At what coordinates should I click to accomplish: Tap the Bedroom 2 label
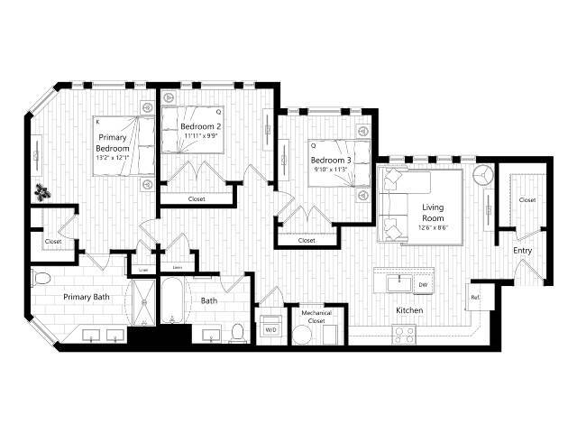click(x=200, y=126)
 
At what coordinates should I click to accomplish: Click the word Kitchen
click(x=409, y=311)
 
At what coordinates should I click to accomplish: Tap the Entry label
click(x=523, y=250)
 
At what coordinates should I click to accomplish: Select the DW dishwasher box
click(x=423, y=285)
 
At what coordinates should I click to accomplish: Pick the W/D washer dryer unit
click(x=270, y=330)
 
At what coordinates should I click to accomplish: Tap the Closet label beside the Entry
click(x=527, y=200)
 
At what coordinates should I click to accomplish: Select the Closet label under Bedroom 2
click(x=197, y=199)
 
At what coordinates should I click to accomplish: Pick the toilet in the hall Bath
click(x=238, y=332)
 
